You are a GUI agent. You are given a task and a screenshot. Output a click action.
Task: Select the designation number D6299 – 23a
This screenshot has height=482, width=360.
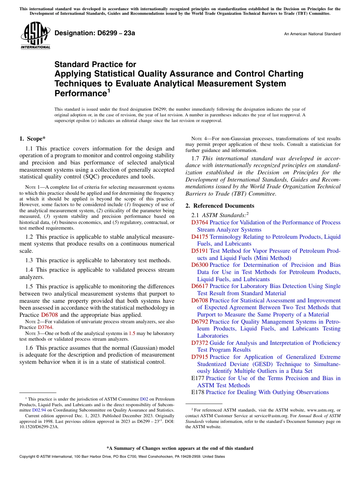point(95,33)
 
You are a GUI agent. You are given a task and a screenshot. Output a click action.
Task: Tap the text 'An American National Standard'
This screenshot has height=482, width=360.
point(312,34)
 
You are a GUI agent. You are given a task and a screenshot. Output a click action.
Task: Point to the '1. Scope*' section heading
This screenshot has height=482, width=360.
point(33,139)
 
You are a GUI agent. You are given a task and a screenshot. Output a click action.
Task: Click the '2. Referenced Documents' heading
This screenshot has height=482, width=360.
point(220,206)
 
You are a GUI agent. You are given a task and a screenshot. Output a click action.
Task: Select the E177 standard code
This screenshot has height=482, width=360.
point(198,378)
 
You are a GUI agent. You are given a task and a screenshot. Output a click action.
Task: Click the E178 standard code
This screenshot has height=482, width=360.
point(198,392)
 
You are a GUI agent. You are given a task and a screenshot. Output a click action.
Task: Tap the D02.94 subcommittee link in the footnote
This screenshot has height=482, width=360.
point(39,410)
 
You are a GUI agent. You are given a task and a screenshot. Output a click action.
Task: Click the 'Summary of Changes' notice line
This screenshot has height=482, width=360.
point(180,448)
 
